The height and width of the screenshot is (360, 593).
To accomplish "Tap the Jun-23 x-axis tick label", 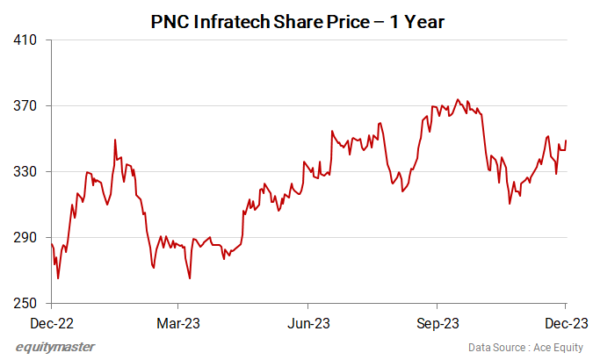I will point(310,322).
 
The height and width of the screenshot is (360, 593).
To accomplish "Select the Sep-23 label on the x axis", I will point(438,322).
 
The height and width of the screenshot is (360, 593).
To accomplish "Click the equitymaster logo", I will point(54,347).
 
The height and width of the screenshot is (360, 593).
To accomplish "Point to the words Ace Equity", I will point(558,347).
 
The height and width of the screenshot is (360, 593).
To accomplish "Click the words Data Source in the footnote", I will point(496,347).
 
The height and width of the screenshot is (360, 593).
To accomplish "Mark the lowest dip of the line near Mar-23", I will point(190,278).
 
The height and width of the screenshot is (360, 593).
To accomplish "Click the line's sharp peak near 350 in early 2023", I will point(115,140).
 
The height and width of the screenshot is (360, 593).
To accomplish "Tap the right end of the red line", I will point(566,140).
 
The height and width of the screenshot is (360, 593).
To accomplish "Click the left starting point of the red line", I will point(51,243).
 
